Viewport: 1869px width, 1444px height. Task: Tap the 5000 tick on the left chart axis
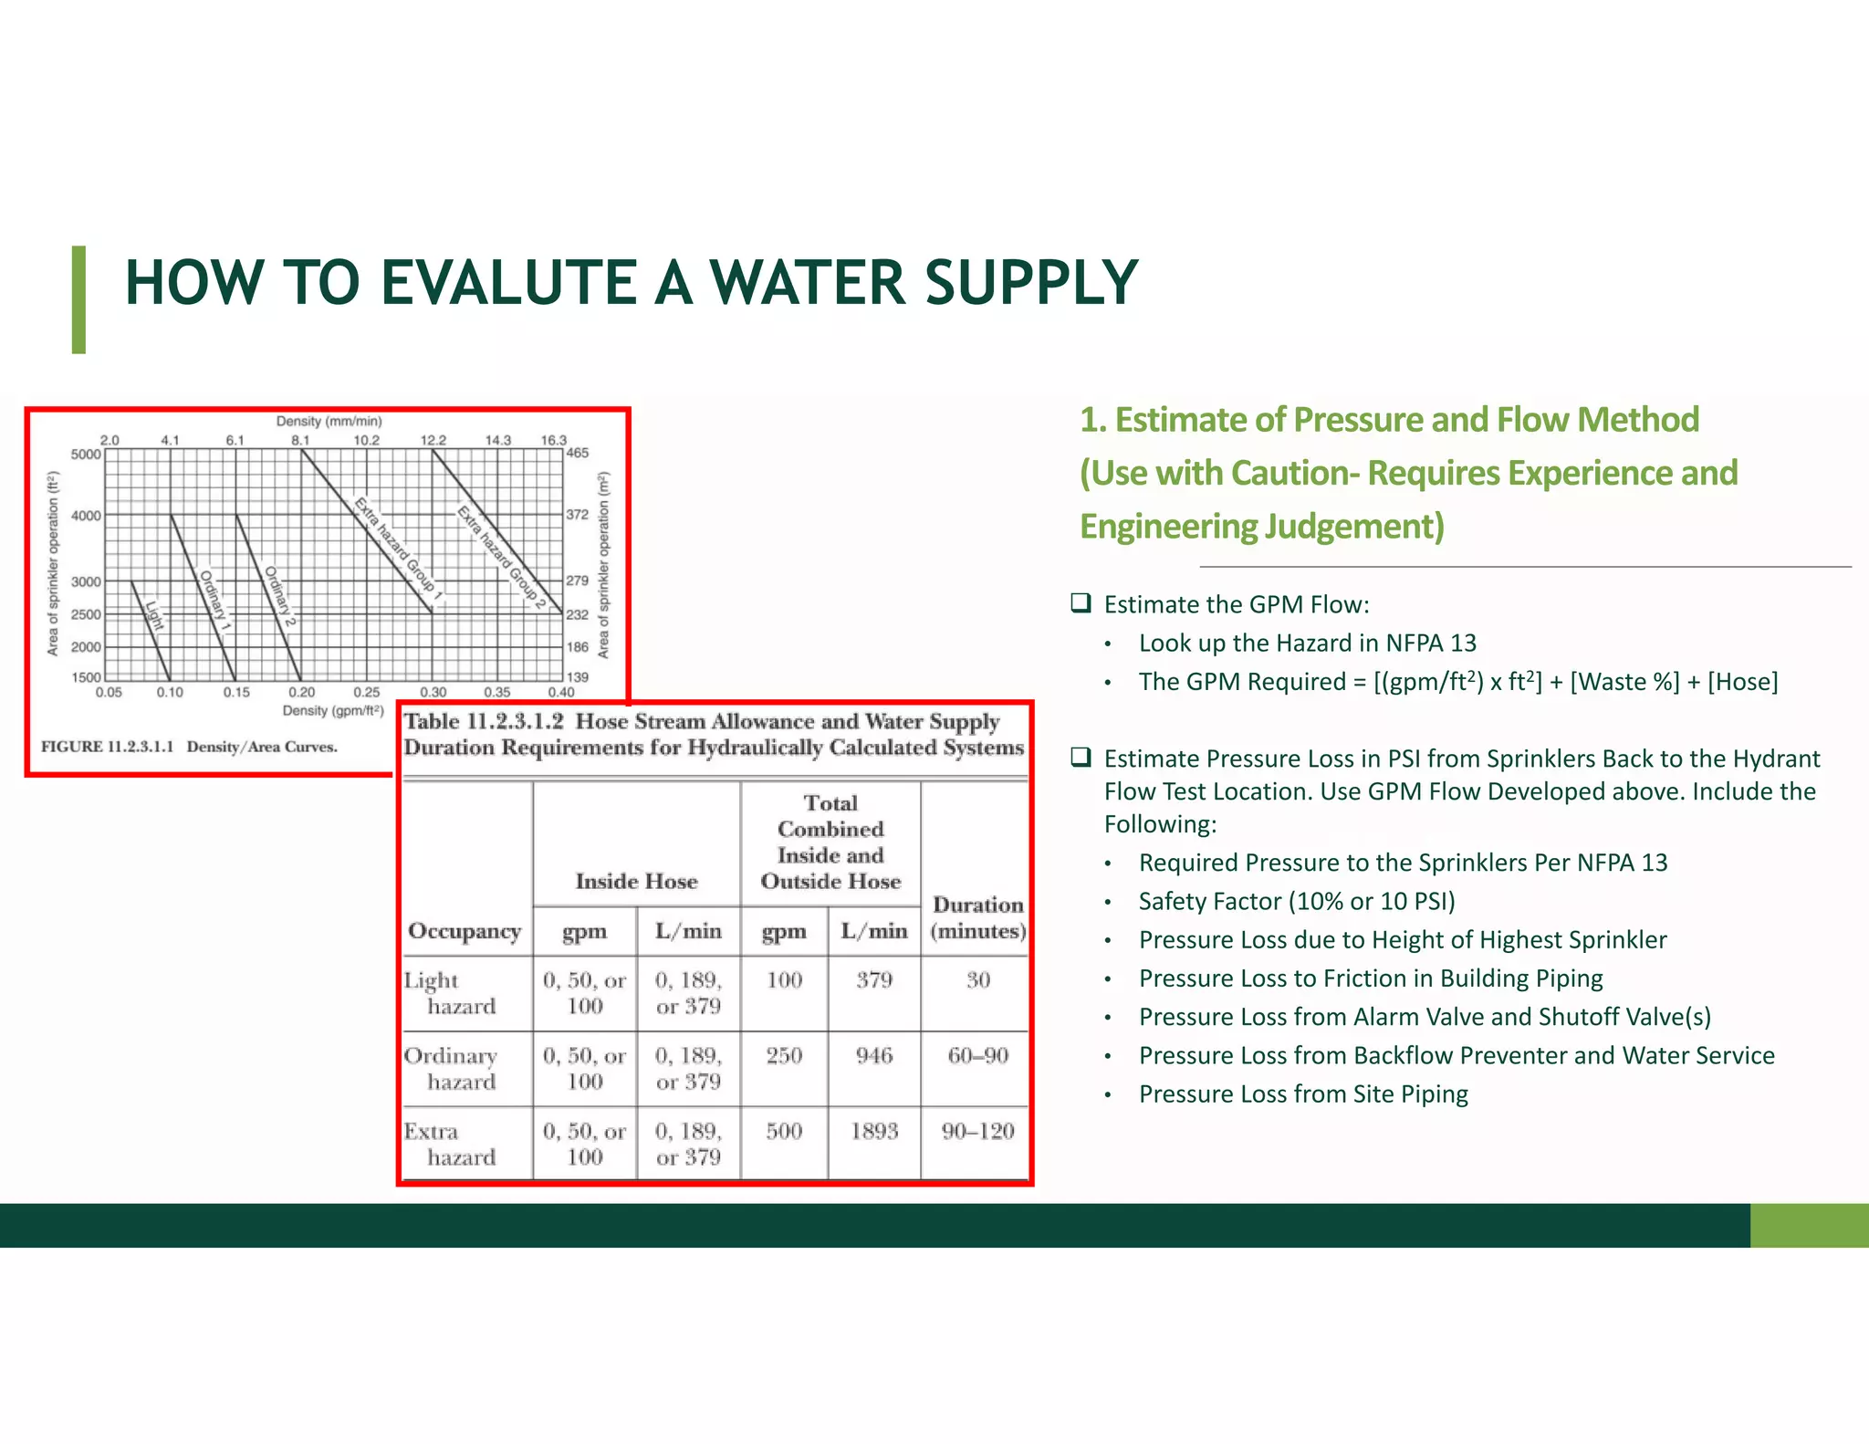click(x=86, y=454)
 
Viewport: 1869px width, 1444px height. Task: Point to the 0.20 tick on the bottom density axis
click(x=301, y=693)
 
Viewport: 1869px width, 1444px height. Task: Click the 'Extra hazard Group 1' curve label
click(x=398, y=549)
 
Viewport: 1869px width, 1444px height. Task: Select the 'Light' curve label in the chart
click(x=153, y=615)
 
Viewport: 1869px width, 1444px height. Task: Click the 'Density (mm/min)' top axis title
click(x=329, y=422)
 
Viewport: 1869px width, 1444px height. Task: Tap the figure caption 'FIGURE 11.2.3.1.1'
click(x=107, y=747)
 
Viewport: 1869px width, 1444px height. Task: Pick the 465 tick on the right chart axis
click(x=578, y=453)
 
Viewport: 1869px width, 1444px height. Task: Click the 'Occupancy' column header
click(x=465, y=931)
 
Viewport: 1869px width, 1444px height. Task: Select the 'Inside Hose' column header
click(x=636, y=881)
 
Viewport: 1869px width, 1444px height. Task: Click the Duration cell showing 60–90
click(x=977, y=1056)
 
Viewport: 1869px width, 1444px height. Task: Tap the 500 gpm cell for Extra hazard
click(x=784, y=1132)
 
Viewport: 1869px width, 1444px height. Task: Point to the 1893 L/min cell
click(x=874, y=1132)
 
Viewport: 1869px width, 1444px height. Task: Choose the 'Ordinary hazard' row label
click(x=452, y=1068)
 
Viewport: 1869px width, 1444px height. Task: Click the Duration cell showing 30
click(x=977, y=980)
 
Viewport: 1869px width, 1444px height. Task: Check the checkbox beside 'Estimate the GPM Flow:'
click(x=1081, y=603)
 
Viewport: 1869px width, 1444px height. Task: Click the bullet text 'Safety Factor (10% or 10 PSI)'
click(x=1296, y=902)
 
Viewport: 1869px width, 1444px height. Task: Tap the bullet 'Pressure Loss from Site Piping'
click(x=1303, y=1094)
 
